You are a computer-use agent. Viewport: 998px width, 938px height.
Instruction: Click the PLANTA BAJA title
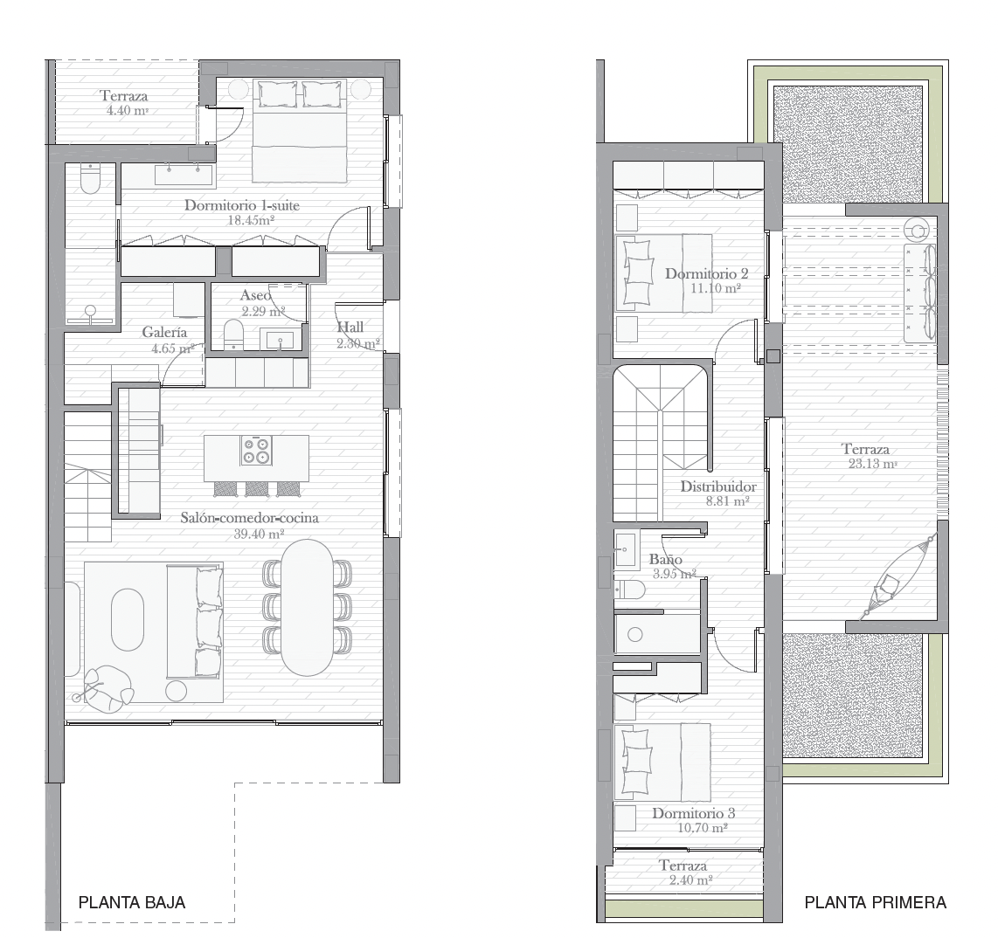tap(132, 901)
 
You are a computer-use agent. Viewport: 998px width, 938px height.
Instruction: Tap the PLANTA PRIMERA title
tap(875, 901)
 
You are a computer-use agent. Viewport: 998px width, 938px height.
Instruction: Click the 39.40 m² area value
tap(259, 534)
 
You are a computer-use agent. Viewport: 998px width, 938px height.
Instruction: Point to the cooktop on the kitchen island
tap(256, 451)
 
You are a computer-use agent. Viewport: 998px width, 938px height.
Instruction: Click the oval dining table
tap(307, 607)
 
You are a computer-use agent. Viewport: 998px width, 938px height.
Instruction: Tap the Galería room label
tap(165, 332)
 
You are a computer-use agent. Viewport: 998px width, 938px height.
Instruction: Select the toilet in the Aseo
tap(233, 335)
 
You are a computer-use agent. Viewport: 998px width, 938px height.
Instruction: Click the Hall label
tap(350, 327)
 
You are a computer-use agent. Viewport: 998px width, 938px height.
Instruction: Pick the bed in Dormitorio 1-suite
tap(300, 130)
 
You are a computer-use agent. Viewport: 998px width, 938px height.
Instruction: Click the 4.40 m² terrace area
tap(128, 111)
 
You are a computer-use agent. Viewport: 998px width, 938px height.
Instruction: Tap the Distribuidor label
tap(718, 486)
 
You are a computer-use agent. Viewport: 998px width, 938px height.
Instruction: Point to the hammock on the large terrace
tap(897, 576)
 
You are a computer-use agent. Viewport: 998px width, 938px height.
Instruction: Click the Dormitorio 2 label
tap(706, 273)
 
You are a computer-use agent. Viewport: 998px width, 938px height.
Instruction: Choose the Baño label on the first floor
tap(666, 560)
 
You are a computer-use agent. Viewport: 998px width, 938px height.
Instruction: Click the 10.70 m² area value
tap(703, 828)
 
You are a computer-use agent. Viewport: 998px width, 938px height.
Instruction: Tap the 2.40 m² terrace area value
tap(690, 880)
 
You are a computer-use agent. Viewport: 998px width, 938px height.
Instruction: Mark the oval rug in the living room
tap(128, 619)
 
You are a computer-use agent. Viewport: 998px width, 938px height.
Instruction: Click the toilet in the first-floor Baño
tap(630, 590)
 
